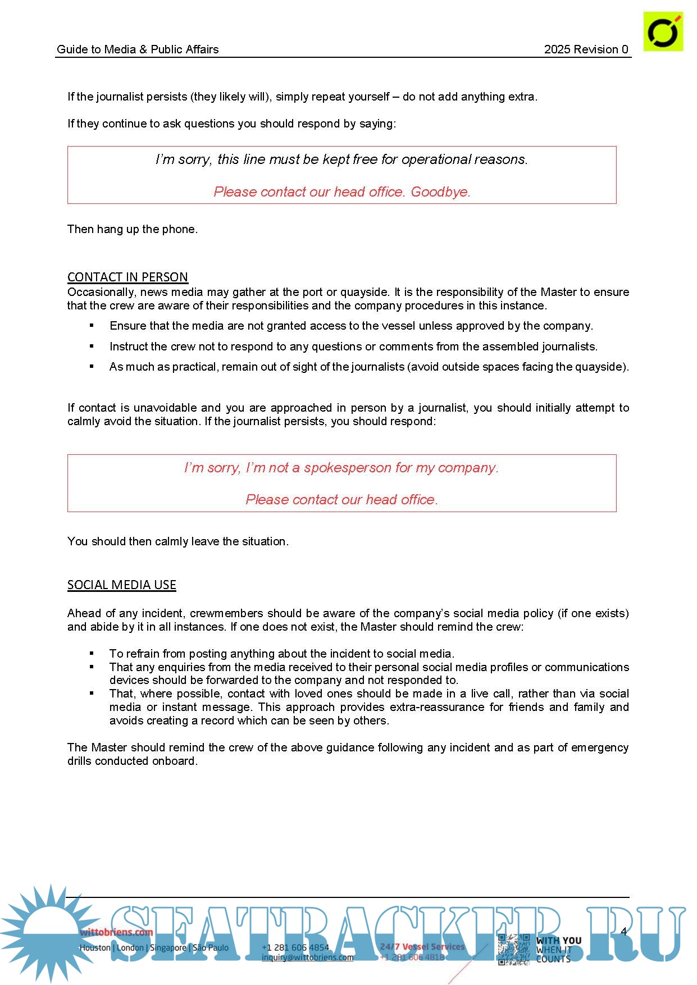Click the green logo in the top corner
click(x=663, y=31)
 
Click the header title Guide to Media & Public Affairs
click(x=138, y=49)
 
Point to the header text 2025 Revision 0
click(x=586, y=49)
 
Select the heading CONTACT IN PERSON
click(x=127, y=277)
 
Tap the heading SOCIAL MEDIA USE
click(x=122, y=585)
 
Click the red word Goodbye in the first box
click(x=440, y=192)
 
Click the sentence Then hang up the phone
click(x=133, y=229)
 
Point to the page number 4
click(x=623, y=931)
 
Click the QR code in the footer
click(x=514, y=949)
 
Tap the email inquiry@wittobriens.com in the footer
click(x=308, y=957)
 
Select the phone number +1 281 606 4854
click(x=295, y=947)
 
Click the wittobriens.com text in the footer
click(x=116, y=932)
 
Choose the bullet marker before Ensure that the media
click(x=92, y=326)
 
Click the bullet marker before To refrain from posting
click(x=92, y=654)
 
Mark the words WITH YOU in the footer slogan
click(x=559, y=940)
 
